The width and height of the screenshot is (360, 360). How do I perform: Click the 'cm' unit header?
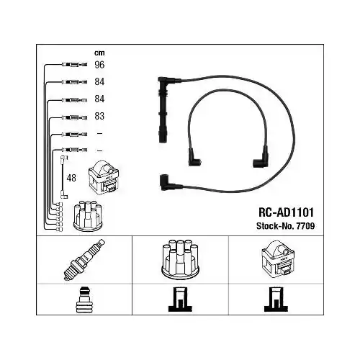coord(99,53)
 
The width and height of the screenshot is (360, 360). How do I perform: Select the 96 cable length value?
coord(99,64)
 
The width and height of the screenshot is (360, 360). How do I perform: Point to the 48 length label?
coord(71,177)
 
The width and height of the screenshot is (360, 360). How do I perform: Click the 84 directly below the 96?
coord(99,81)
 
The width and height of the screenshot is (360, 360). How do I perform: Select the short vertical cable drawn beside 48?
coord(63,176)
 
